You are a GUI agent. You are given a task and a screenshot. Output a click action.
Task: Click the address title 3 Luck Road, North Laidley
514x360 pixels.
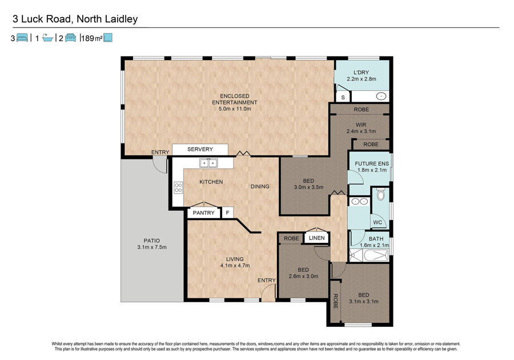coord(75,19)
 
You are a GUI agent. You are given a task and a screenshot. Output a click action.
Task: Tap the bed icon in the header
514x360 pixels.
coord(22,38)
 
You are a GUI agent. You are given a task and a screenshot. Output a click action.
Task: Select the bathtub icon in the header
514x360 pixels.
coord(47,38)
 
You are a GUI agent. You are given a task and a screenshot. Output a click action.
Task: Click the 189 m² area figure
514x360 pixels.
coord(92,38)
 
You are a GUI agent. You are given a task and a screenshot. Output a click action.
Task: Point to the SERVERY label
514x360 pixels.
coord(200,149)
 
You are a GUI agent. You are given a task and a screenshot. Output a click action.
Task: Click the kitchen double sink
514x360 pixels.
coord(208,163)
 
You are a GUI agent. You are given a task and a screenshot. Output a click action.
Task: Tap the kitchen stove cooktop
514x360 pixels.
coord(178,187)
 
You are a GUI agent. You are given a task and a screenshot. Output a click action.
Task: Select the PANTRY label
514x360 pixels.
coord(203,213)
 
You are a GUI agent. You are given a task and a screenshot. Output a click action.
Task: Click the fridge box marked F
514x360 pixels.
coord(227,213)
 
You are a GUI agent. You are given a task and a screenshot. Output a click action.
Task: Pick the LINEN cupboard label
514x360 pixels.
coord(316,238)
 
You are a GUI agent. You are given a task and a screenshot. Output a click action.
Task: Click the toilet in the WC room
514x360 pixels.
coord(380,194)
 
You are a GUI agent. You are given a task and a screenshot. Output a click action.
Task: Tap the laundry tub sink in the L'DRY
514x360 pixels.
coord(381,97)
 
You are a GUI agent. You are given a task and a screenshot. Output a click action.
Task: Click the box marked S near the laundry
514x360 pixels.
coord(343,97)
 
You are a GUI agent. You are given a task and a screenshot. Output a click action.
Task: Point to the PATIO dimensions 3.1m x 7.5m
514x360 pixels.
coord(152,247)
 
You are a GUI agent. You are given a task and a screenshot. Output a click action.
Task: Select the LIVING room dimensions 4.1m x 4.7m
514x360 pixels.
coord(235,266)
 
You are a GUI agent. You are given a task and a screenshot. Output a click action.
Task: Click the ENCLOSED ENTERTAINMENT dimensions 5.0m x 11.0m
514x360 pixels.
coord(235,109)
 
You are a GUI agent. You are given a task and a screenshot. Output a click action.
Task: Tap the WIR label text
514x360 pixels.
coord(361,125)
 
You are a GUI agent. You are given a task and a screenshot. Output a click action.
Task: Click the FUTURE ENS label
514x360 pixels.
coord(372,163)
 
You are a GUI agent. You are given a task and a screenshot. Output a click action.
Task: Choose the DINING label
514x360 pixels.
coord(260,186)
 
